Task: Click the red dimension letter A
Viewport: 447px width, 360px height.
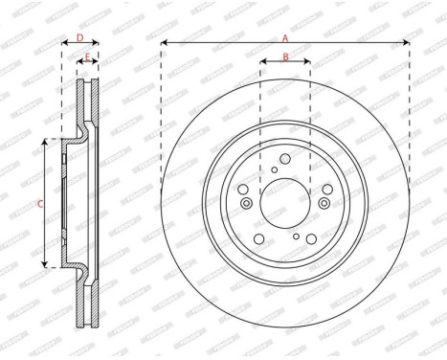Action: point(284,37)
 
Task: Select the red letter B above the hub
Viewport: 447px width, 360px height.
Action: point(285,58)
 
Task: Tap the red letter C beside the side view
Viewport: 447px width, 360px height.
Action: point(39,203)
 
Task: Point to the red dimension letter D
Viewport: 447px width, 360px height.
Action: point(80,38)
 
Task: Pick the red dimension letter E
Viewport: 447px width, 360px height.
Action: point(87,58)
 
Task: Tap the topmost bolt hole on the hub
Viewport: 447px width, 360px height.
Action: point(285,160)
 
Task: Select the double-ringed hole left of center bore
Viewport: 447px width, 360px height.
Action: point(247,203)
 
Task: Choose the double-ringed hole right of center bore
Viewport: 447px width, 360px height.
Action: point(324,203)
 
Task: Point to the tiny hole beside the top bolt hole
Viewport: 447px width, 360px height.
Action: point(274,170)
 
